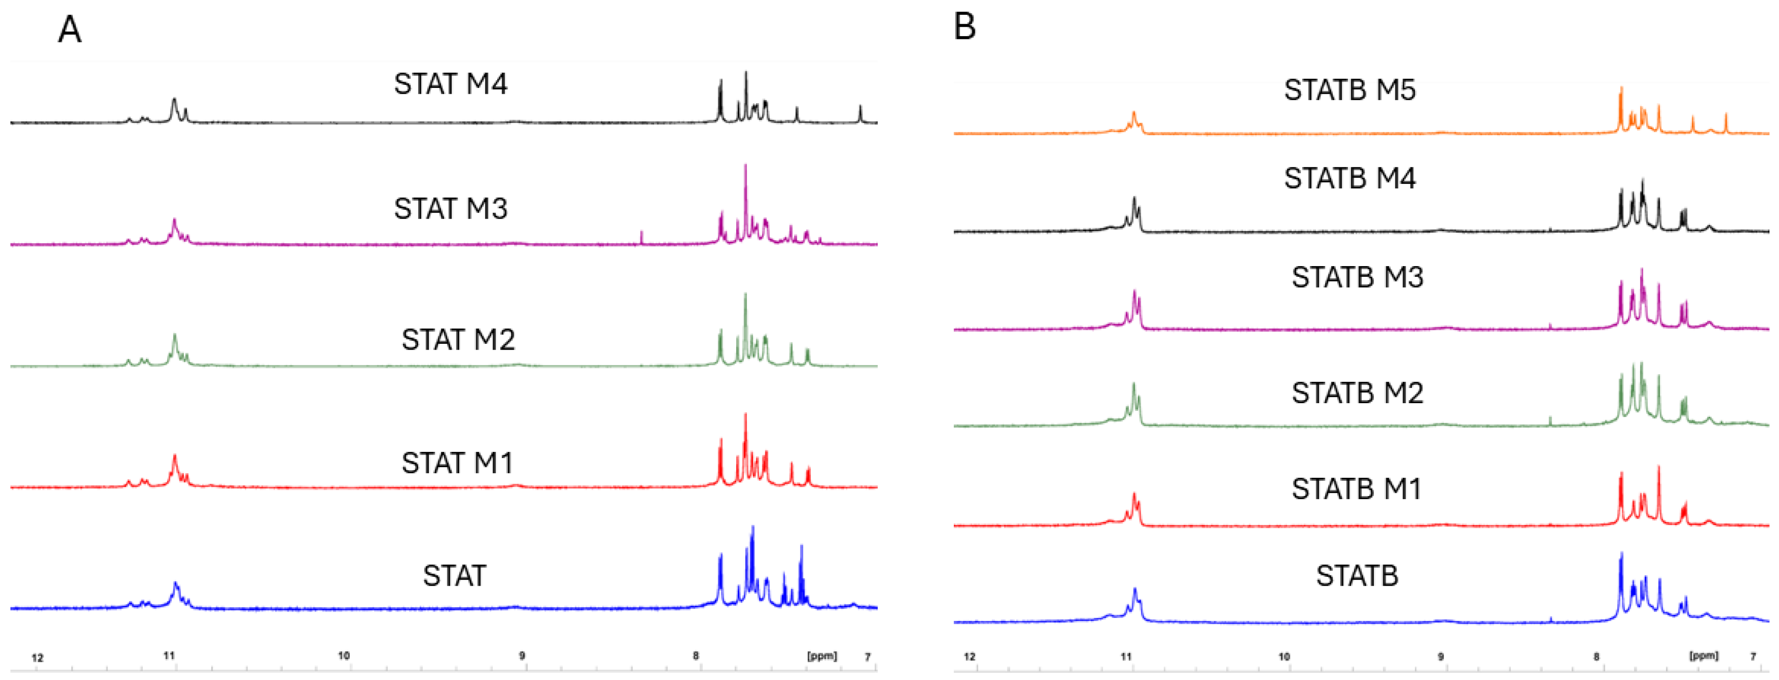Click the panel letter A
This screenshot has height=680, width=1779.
tap(69, 30)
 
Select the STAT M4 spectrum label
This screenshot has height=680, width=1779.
tap(450, 84)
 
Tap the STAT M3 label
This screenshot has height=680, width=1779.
tap(450, 209)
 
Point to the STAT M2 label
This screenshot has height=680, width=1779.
tap(458, 340)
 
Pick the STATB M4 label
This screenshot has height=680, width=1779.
tap(1350, 179)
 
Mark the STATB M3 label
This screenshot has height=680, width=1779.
tap(1357, 278)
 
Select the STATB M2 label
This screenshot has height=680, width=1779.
tap(1357, 393)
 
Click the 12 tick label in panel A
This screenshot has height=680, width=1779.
tap(37, 658)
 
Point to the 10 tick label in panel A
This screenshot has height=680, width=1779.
tap(344, 656)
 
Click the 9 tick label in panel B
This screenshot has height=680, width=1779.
tap(1441, 656)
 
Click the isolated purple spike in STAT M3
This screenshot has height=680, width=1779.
tap(642, 238)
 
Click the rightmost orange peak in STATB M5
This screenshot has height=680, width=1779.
tap(1726, 124)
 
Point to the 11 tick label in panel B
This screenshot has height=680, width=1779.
tap(1126, 656)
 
